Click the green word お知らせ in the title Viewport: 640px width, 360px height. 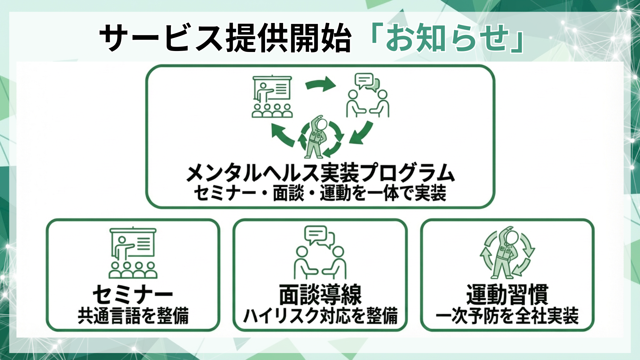(447, 37)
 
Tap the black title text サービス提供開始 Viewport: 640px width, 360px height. (225, 38)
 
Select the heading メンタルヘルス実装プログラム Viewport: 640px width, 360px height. (320, 172)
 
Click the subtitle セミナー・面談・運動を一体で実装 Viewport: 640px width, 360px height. (320, 194)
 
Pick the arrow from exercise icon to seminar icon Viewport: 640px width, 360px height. (283, 135)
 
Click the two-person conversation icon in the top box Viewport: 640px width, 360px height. (367, 96)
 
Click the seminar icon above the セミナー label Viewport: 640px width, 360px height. (133, 253)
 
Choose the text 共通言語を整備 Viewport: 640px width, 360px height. (133, 316)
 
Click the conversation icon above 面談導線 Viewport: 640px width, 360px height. (320, 253)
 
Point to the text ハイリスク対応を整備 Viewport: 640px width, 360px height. (320, 316)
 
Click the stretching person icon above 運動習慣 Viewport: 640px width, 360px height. (507, 253)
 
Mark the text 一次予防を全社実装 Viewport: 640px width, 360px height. (507, 316)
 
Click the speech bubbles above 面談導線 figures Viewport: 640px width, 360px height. (319, 236)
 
